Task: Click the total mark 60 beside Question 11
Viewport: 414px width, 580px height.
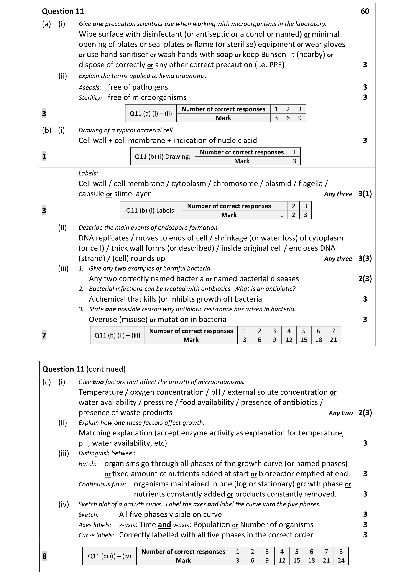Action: [x=365, y=11]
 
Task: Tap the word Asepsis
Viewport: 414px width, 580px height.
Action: [x=90, y=88]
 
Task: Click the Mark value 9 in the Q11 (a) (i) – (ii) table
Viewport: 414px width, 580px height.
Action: [x=299, y=118]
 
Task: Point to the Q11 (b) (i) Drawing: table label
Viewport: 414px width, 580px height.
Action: [x=163, y=156]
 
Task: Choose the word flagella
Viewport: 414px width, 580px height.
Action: [x=310, y=183]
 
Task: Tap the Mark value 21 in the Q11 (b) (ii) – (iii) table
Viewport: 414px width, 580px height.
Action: [x=333, y=340]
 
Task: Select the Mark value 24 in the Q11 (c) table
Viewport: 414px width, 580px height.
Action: [x=341, y=560]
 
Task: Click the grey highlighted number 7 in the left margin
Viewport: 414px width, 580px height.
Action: [x=44, y=335]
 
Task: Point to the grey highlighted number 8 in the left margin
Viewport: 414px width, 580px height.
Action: [x=44, y=556]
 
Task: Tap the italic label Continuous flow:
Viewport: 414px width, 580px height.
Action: [x=102, y=484]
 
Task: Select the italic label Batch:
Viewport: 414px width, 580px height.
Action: [x=87, y=464]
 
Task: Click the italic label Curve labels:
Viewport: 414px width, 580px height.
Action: [x=96, y=535]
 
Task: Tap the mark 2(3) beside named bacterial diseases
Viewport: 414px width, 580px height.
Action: [x=365, y=279]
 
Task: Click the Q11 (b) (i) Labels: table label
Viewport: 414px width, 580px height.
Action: [x=151, y=211]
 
